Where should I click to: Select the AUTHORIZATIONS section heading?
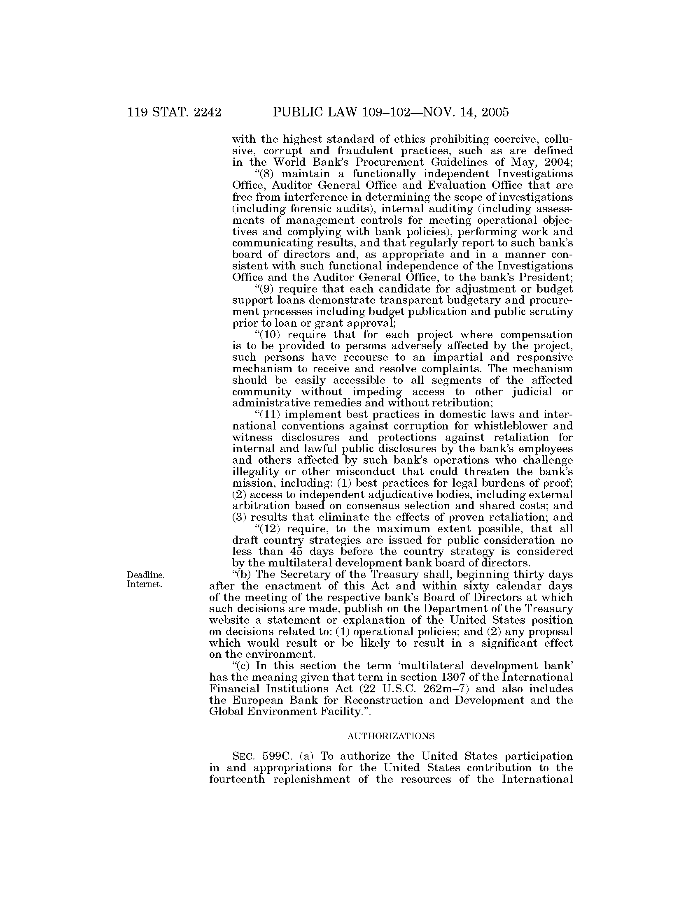[391, 736]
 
